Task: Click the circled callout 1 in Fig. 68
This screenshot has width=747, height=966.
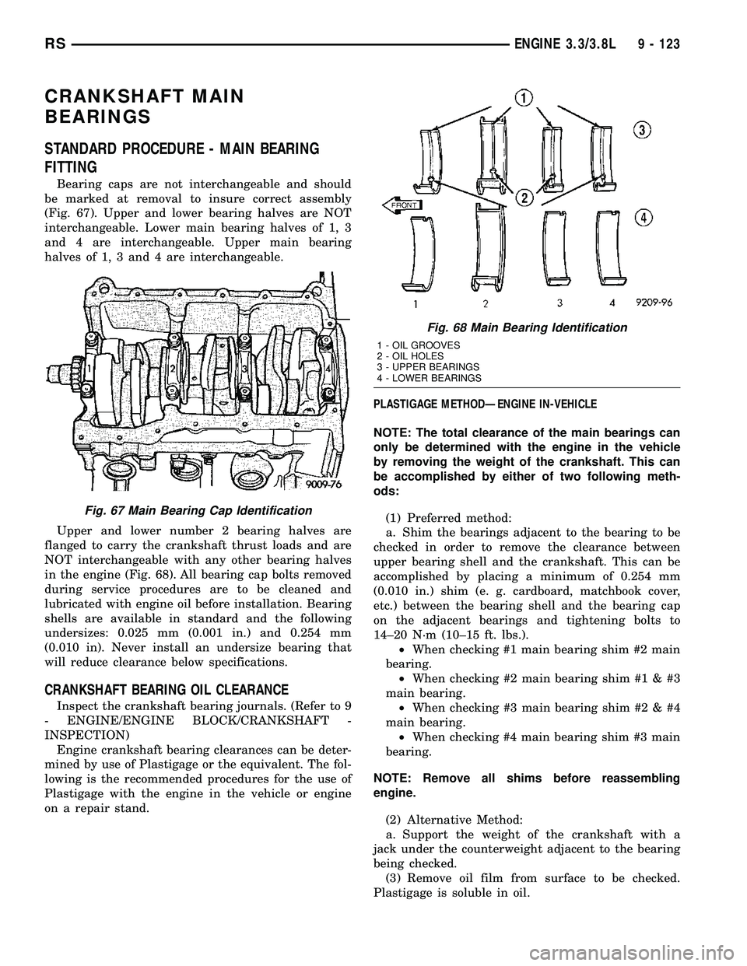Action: [522, 97]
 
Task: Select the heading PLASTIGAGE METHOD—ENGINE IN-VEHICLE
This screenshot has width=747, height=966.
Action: [485, 404]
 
